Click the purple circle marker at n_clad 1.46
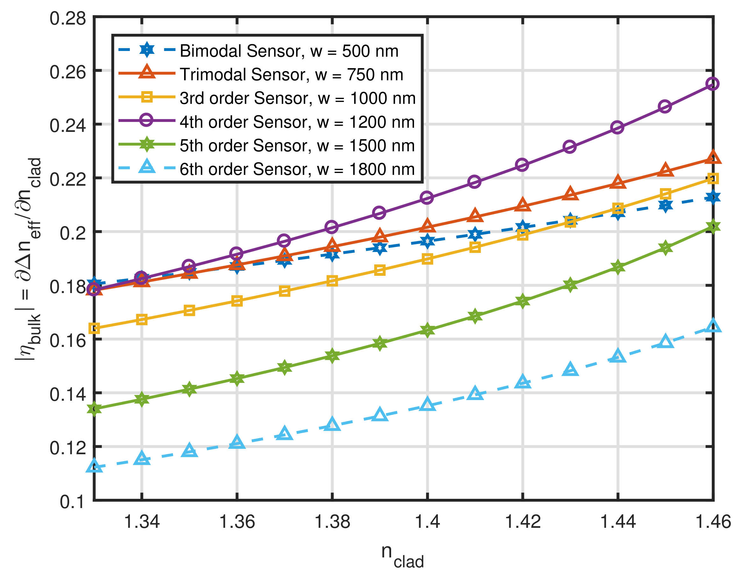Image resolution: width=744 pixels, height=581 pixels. tap(712, 83)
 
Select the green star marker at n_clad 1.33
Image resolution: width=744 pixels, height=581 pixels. tap(94, 409)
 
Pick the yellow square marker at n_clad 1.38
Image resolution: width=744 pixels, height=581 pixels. tap(332, 281)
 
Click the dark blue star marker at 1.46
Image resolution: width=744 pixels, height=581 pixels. tap(713, 197)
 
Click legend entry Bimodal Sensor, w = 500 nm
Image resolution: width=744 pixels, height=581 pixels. tap(289, 51)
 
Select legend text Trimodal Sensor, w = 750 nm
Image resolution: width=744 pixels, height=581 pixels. tap(291, 75)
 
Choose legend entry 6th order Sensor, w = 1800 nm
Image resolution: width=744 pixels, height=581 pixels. tap(297, 169)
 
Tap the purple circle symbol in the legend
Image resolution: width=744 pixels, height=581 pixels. tap(147, 121)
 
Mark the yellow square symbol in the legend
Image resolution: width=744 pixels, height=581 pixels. tap(147, 97)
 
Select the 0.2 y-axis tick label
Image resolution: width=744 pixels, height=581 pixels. tap(72, 233)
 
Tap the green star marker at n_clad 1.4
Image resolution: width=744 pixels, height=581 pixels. tap(427, 330)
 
